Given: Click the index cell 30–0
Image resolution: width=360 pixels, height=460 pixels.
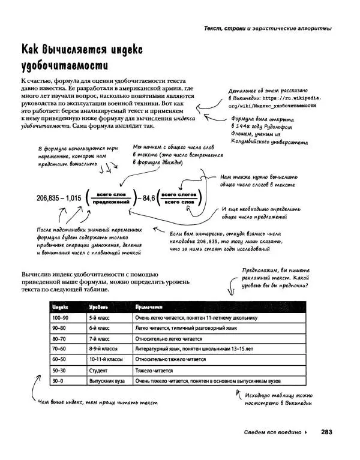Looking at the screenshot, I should coord(59,380).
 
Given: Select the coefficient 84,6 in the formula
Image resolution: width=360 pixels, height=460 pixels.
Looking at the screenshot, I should coord(145,198).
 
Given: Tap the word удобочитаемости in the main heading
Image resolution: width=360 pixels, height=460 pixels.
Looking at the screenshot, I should coord(64,64).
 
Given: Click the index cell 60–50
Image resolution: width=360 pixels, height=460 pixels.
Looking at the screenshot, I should coord(59,359).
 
